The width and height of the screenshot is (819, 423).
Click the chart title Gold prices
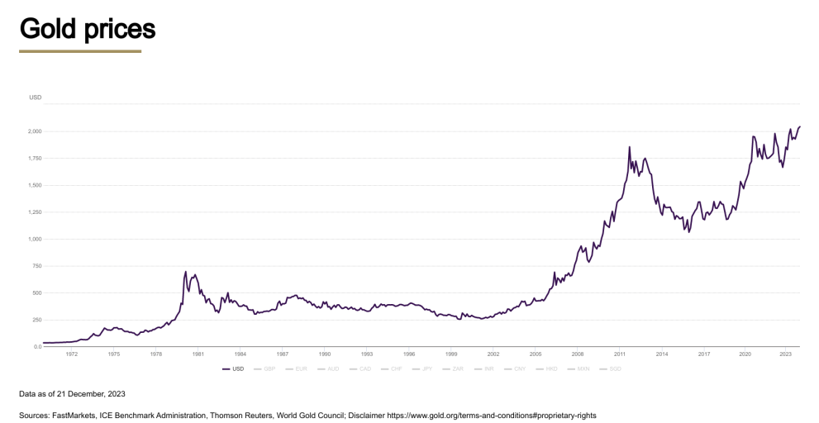(88, 29)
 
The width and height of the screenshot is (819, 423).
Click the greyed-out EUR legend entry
(301, 368)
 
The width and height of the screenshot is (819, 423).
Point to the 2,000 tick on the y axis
(36, 131)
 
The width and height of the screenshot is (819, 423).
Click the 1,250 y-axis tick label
(36, 212)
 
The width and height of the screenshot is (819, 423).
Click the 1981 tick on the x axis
(198, 354)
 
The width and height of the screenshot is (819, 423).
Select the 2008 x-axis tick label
(578, 354)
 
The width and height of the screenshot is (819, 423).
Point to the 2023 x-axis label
(786, 354)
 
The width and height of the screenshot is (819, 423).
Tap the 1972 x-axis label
(72, 354)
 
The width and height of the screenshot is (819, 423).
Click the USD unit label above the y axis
(35, 97)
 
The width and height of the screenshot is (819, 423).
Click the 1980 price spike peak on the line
(186, 272)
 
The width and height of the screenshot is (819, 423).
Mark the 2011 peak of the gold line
(630, 148)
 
